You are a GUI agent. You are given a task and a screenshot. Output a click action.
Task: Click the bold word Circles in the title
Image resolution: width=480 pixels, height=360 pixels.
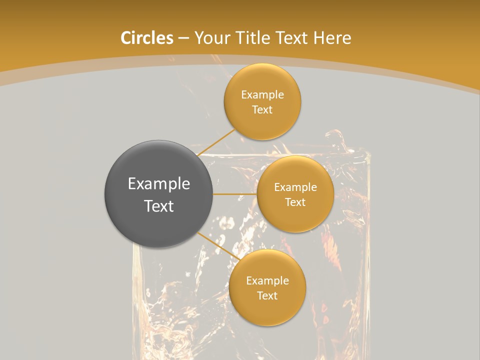(x=147, y=38)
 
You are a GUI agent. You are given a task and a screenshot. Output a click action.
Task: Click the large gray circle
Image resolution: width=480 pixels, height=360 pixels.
(x=158, y=194)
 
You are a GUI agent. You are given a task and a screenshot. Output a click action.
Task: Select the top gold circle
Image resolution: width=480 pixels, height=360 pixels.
(x=262, y=102)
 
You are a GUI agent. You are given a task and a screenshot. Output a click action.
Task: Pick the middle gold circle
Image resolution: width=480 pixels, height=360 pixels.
(x=295, y=194)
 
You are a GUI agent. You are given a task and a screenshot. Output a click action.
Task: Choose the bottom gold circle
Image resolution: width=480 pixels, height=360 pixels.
(x=267, y=287)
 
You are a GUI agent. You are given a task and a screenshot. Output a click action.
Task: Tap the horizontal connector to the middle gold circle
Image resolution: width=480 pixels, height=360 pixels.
(x=234, y=194)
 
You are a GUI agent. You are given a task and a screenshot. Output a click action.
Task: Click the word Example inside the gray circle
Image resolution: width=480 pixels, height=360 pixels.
(x=158, y=184)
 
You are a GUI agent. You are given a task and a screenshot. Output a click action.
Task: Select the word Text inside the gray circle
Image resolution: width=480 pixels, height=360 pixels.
(x=158, y=206)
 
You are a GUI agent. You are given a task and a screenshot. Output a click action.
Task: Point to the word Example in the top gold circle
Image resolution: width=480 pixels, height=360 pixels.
(x=262, y=94)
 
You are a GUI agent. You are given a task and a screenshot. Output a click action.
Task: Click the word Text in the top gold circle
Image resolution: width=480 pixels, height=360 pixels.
(x=262, y=109)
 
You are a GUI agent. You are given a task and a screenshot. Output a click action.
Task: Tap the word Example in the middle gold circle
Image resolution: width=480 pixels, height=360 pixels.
(x=295, y=187)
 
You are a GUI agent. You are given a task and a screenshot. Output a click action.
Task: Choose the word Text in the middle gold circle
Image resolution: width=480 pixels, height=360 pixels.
(x=295, y=202)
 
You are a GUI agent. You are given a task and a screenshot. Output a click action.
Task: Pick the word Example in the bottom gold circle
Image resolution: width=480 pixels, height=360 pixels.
(x=267, y=280)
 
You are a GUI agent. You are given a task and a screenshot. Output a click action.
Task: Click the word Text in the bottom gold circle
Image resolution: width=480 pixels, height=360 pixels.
(x=267, y=295)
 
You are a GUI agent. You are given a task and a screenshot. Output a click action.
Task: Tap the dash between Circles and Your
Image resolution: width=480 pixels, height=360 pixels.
(x=183, y=38)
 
